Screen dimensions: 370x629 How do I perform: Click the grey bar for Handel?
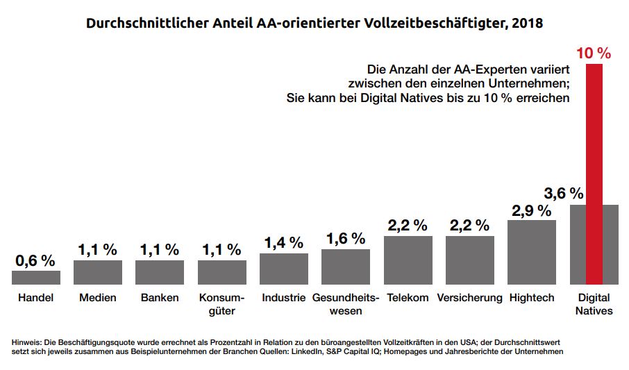[x=36, y=278]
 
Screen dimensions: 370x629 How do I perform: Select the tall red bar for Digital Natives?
[x=594, y=174]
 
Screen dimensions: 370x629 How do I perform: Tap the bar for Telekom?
[x=408, y=260]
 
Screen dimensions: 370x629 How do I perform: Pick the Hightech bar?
[x=532, y=252]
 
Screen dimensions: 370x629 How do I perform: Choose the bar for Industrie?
[x=284, y=269]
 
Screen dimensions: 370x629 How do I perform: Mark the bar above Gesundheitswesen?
[x=346, y=267]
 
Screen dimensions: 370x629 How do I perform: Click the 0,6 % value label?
[x=35, y=261]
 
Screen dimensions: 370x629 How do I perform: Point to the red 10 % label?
[x=594, y=53]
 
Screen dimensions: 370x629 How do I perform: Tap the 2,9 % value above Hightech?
[x=531, y=210]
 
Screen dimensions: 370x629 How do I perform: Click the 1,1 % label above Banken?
[x=160, y=250]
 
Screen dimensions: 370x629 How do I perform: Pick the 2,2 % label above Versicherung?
[x=469, y=226]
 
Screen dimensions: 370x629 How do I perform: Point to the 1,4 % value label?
[x=283, y=243]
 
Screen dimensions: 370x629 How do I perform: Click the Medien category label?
[x=97, y=298]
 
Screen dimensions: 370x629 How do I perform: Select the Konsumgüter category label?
[x=221, y=304]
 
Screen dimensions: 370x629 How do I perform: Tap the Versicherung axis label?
[x=469, y=298]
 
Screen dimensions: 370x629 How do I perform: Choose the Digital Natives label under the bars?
[x=594, y=304]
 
